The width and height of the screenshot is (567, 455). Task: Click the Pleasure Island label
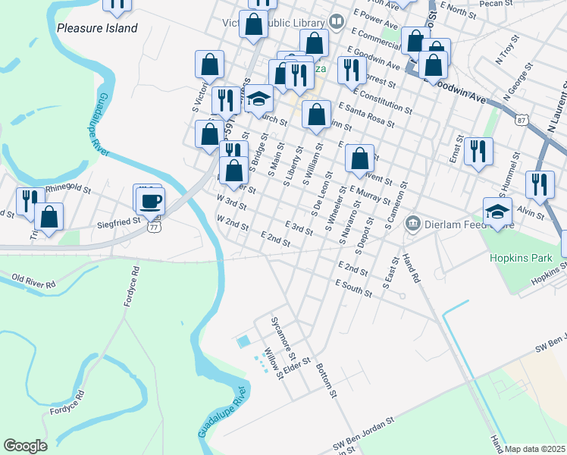pos(97,28)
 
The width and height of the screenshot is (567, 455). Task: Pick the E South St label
pos(354,287)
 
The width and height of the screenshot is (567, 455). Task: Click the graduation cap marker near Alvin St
pos(497,211)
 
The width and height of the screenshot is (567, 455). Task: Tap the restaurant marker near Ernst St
pos(478,151)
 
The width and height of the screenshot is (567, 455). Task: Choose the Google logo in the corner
pos(25,446)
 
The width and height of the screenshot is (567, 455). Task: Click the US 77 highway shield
pos(154,226)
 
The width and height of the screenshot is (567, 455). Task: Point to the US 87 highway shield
pos(520,121)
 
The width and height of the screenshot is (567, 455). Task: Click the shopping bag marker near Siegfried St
pos(49,216)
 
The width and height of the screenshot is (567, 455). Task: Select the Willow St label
pos(273,363)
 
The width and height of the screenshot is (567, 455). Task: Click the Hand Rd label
pos(412,268)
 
